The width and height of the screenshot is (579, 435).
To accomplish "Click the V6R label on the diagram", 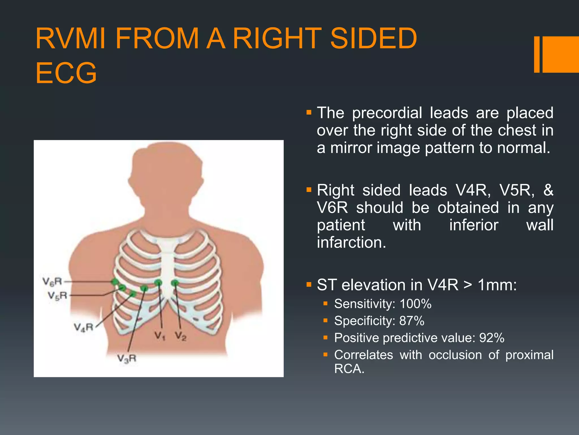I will click(52, 282).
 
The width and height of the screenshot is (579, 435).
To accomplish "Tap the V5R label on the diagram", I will click(57, 296).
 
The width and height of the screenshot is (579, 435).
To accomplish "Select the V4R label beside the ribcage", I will click(83, 327).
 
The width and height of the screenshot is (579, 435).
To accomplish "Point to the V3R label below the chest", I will click(127, 359).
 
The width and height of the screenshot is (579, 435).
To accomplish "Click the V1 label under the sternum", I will click(160, 336).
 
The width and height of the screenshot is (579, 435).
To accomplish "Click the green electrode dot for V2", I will click(175, 282).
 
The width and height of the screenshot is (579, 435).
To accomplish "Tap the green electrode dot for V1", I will click(158, 282).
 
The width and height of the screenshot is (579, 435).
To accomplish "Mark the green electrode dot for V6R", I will click(115, 282).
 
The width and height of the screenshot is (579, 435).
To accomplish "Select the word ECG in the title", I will click(66, 73).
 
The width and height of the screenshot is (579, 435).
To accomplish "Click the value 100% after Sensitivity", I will click(415, 304).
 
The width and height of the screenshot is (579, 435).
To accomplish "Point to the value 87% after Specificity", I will click(412, 321).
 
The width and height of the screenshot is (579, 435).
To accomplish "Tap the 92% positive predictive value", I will click(492, 338).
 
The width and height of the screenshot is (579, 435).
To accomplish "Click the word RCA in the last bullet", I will click(349, 369).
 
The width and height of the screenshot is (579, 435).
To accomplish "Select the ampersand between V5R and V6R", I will click(548, 190).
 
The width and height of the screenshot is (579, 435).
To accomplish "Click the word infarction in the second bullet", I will click(351, 243).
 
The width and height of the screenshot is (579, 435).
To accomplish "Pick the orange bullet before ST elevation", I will click(309, 284).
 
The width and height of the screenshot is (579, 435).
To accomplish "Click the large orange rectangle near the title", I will click(561, 54).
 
